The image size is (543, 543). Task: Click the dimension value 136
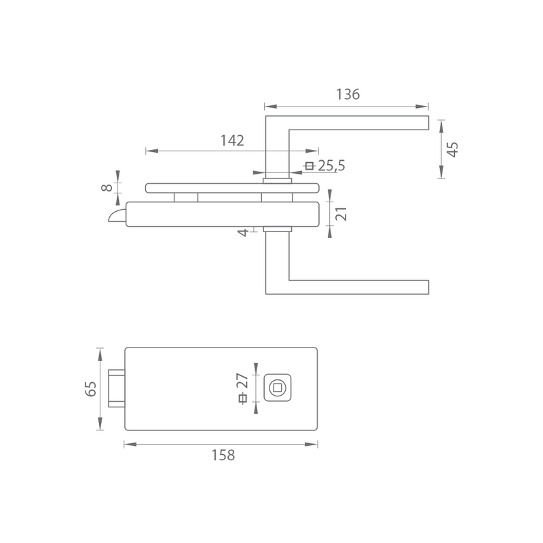[348, 94]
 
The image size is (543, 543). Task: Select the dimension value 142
[232, 141]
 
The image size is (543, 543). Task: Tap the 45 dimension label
[453, 149]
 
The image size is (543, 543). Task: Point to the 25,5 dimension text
[331, 166]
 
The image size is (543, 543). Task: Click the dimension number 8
[107, 188]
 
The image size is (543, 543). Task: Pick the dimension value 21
[341, 214]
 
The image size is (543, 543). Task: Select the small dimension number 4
[243, 232]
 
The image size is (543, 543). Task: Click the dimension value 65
[90, 389]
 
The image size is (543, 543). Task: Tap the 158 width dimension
[223, 455]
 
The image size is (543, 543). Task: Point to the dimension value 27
[243, 381]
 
